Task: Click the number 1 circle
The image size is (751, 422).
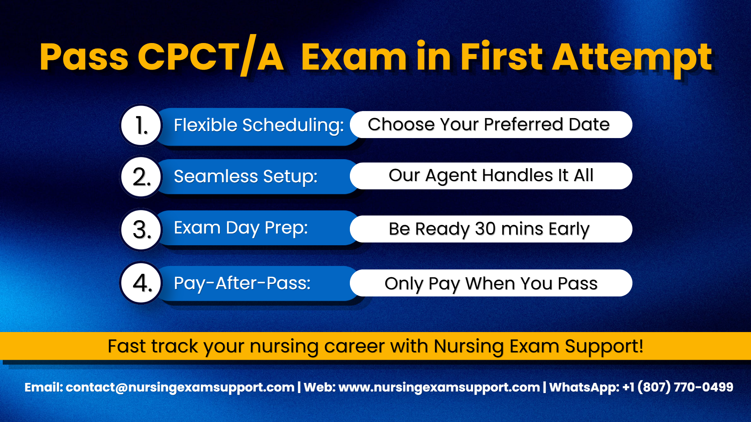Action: tap(141, 126)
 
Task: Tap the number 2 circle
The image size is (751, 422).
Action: tap(141, 177)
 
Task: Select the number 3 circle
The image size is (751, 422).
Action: tap(141, 229)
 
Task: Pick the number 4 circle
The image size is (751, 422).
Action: tap(141, 283)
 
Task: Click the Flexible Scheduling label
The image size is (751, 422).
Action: tap(259, 126)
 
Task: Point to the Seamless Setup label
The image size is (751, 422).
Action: tap(245, 176)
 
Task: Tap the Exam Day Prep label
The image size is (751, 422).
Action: tap(241, 228)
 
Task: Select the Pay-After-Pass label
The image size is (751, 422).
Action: tap(242, 283)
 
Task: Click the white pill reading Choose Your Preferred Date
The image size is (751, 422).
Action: tap(491, 125)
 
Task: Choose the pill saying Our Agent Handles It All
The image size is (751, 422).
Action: tap(491, 176)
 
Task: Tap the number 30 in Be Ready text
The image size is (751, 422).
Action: tap(485, 229)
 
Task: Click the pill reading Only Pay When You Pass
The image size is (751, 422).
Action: tap(491, 283)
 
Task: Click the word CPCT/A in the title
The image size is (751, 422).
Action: tap(211, 57)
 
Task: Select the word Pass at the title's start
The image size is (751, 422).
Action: tap(84, 57)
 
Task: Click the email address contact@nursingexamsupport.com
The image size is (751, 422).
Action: tap(180, 387)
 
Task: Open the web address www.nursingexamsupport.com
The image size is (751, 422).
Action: tap(439, 387)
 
